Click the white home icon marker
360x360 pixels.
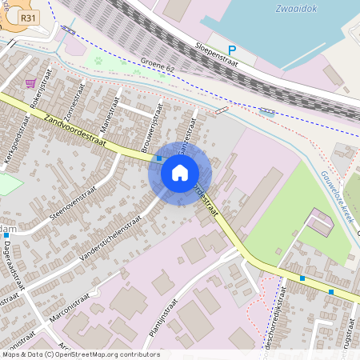coord(180,173)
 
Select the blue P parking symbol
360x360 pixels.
coord(232,50)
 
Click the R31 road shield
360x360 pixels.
coord(29,18)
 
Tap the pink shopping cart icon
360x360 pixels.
coord(30,82)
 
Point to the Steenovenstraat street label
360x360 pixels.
coord(72,201)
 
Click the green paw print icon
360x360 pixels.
coord(100,58)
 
